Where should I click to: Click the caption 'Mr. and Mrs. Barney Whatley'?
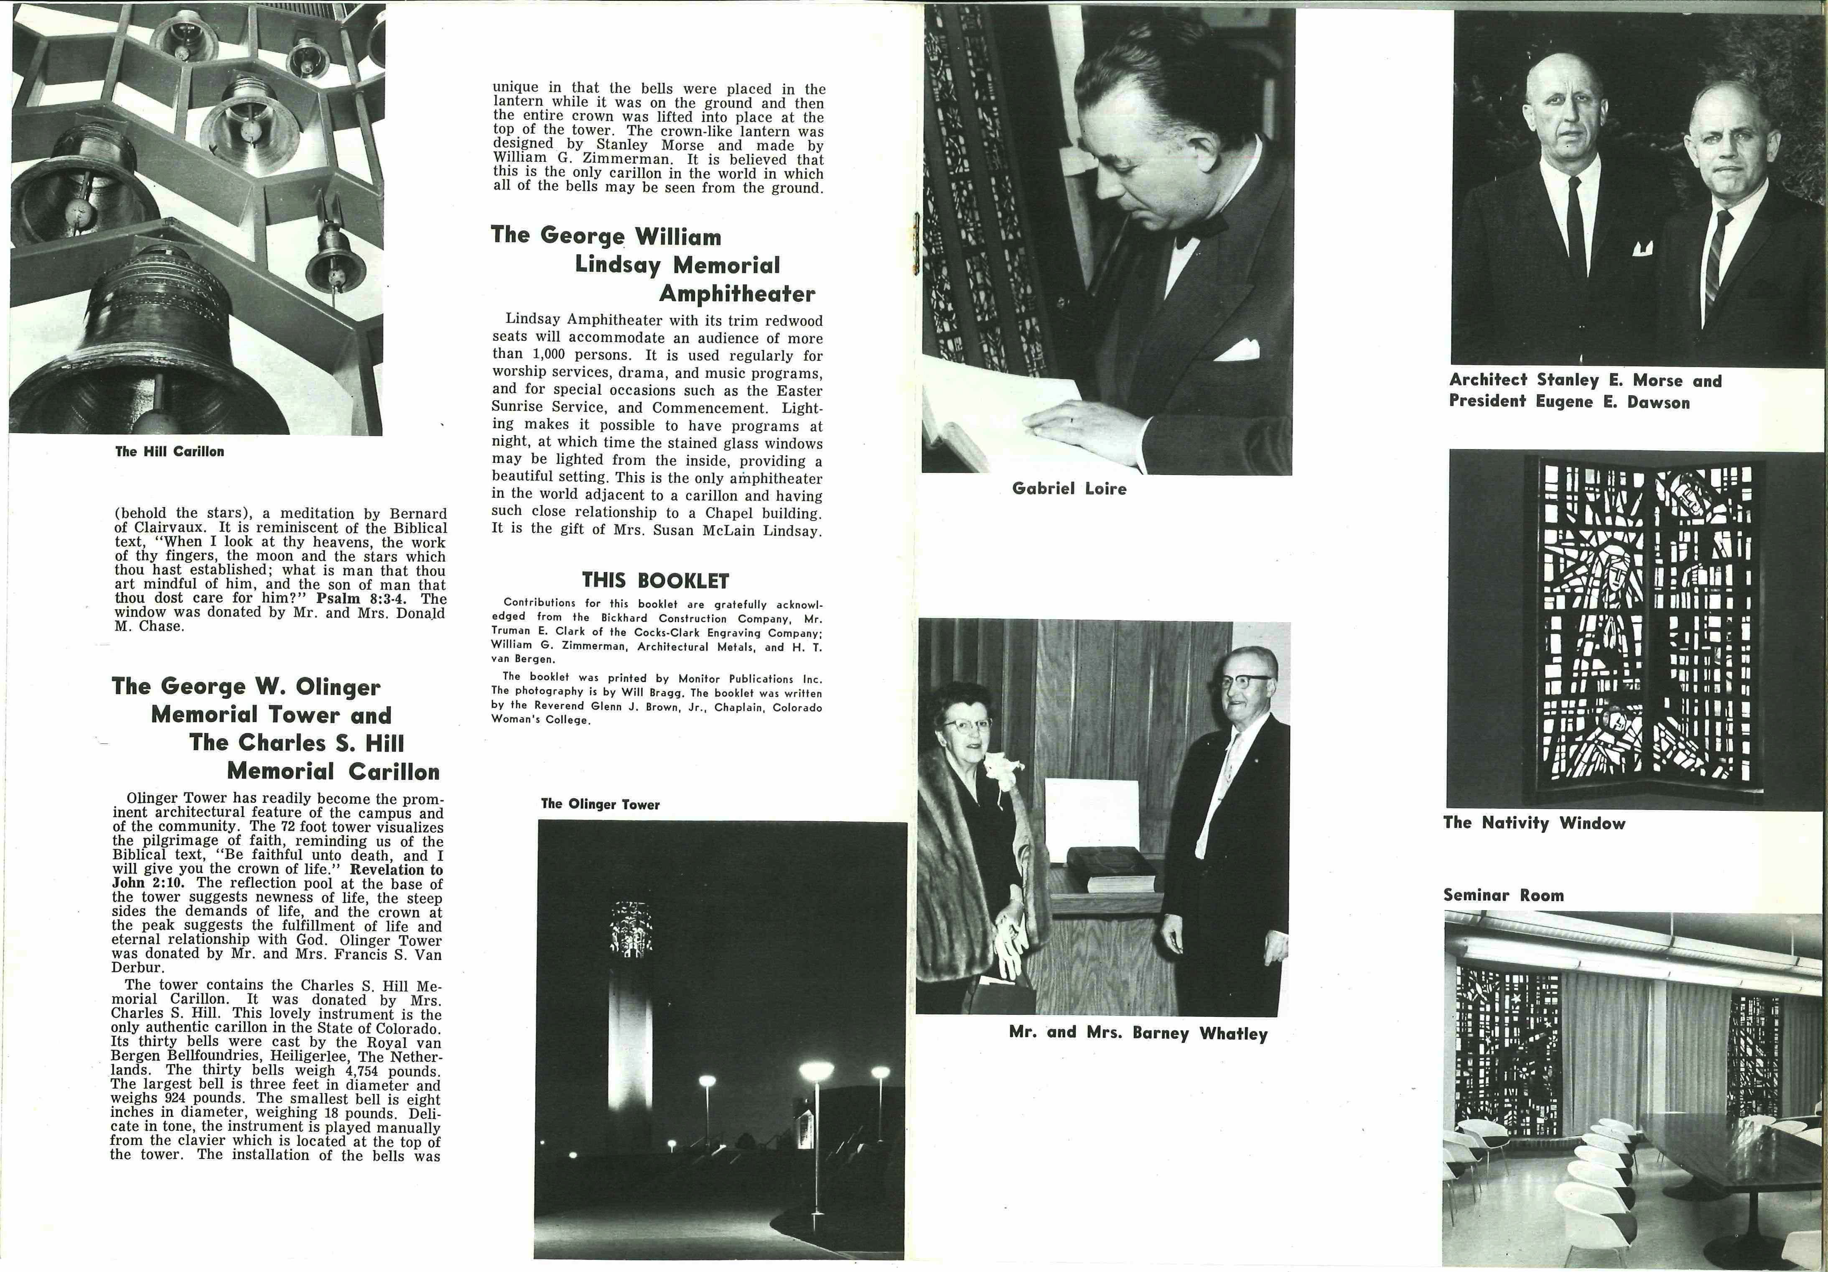click(1138, 1033)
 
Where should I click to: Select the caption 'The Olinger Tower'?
click(600, 805)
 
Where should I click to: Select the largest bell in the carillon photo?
click(151, 342)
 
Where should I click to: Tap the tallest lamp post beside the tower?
click(816, 1131)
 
